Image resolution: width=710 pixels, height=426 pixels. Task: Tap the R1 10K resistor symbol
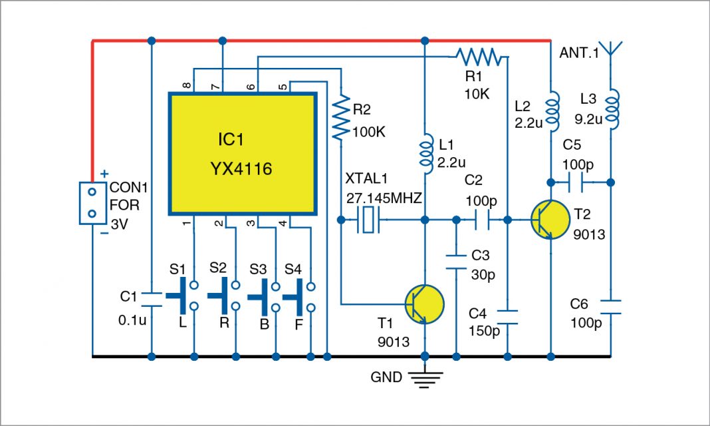(477, 57)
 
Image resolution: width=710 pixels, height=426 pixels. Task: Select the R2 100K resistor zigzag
(341, 118)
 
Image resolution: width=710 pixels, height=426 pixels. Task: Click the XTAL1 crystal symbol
(368, 219)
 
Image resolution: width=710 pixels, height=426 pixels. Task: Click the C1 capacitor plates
(152, 298)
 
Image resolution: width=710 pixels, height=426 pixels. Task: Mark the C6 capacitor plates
(612, 306)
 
